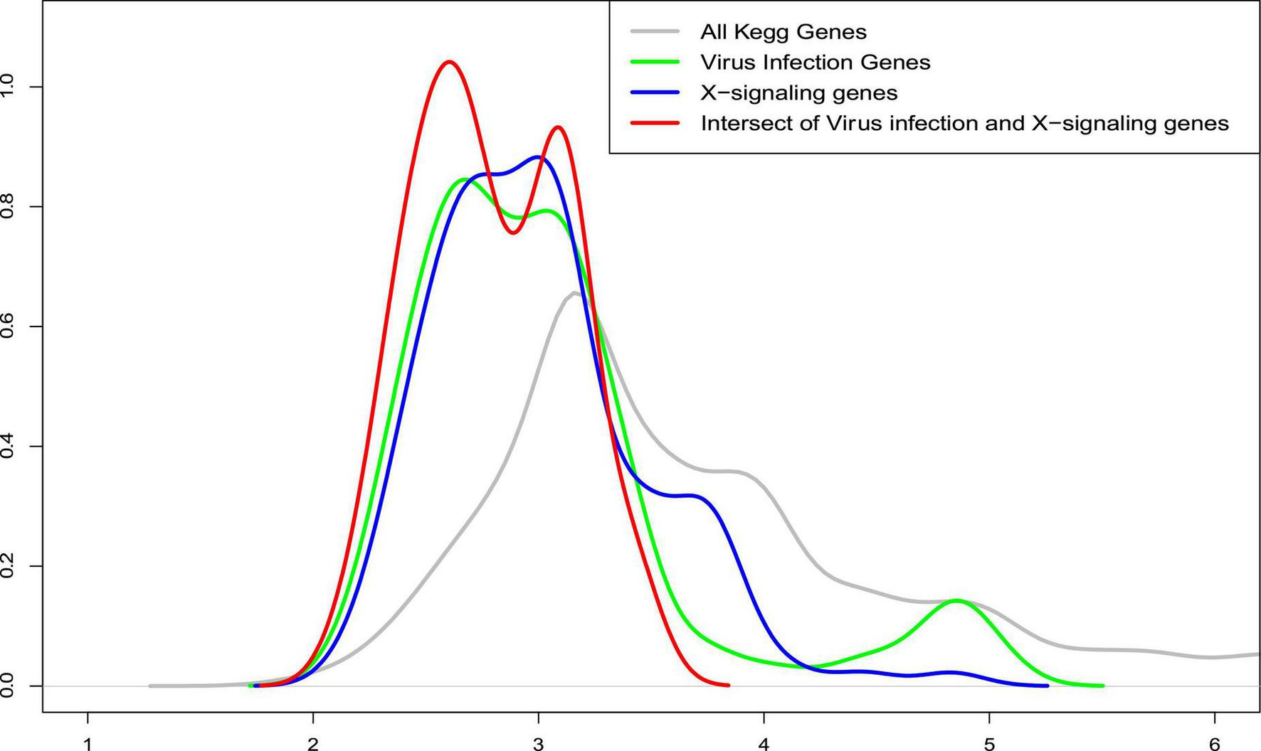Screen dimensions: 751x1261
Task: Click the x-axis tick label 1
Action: (88, 744)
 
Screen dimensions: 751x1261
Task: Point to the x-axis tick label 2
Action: (313, 744)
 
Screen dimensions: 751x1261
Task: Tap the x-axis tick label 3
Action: (539, 744)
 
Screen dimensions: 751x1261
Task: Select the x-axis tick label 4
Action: (764, 744)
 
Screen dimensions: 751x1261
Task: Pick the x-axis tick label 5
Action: (989, 744)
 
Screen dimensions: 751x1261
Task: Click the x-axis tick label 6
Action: (1215, 744)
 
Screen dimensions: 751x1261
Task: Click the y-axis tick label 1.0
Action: (9, 87)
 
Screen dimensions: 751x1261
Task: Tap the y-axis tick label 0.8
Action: (9, 207)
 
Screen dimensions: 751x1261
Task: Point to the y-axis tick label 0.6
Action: (9, 326)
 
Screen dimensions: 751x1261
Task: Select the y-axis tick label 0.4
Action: (9, 447)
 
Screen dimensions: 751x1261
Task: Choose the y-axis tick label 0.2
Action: (9, 566)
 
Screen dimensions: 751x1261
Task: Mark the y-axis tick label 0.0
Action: (9, 686)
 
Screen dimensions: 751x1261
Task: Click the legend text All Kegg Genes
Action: (783, 32)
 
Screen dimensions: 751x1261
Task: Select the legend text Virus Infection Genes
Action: (816, 63)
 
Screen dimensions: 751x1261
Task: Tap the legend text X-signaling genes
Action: (799, 93)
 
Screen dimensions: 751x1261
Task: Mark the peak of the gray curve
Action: (574, 292)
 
